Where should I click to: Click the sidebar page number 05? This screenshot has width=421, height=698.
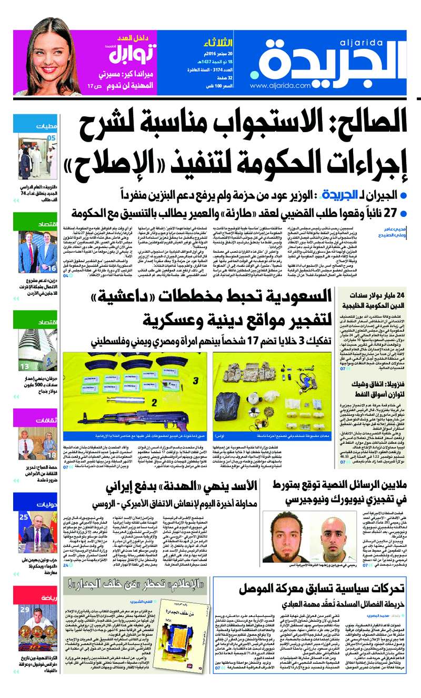click(51, 138)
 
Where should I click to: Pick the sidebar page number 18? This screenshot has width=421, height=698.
click(52, 454)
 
